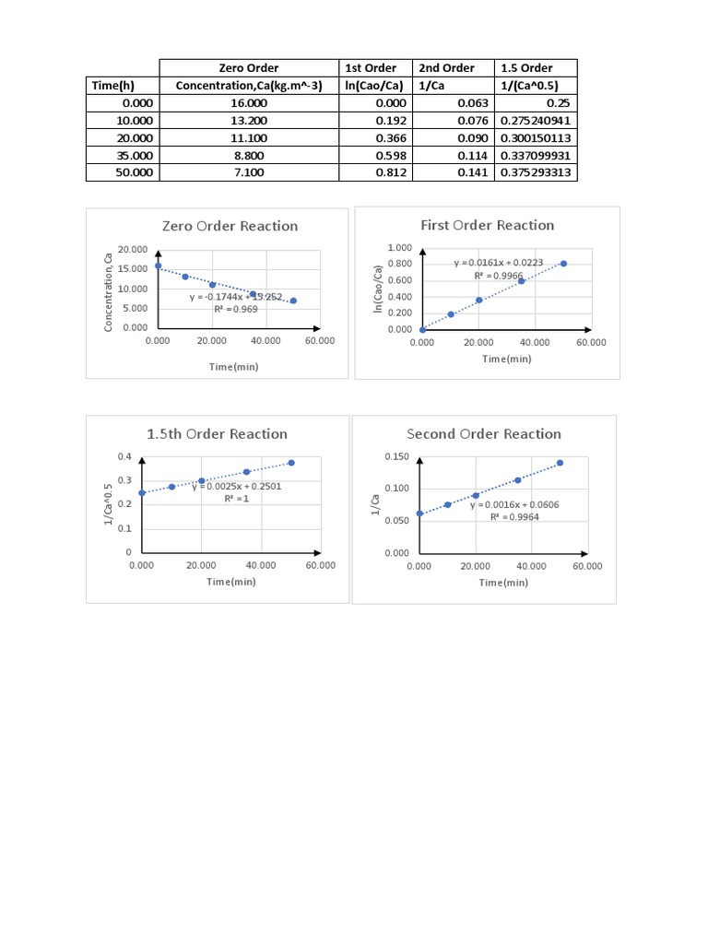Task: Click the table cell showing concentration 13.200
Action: (x=249, y=121)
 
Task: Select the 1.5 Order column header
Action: (x=525, y=68)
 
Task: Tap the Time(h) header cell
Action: (x=113, y=86)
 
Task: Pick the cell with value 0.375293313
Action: (x=536, y=172)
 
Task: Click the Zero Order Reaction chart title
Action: (x=230, y=226)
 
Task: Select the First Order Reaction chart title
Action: (x=487, y=225)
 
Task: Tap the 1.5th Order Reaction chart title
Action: (x=217, y=434)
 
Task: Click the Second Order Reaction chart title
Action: (x=484, y=434)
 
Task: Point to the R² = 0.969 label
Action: (x=236, y=310)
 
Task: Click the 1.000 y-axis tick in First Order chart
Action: (x=399, y=248)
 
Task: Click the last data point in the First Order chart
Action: (x=563, y=264)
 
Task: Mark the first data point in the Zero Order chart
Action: (x=158, y=265)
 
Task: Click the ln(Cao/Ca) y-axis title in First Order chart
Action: (x=378, y=288)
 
